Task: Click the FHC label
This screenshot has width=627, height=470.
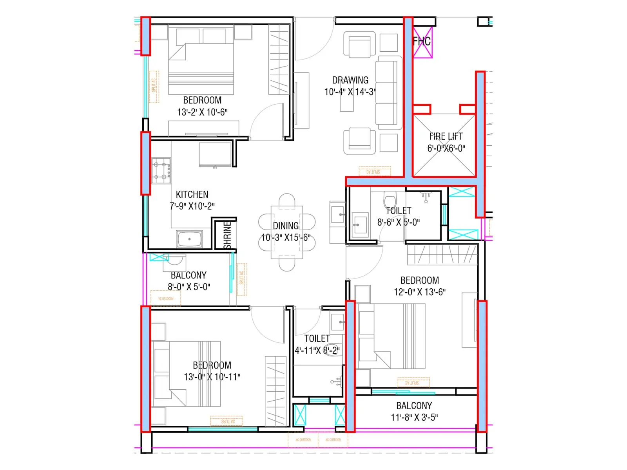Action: (422, 41)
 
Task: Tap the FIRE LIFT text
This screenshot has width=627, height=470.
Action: (446, 136)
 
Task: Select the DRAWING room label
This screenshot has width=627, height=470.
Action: (350, 80)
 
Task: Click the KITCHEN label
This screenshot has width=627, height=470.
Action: (192, 194)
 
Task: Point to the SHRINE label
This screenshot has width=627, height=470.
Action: (228, 235)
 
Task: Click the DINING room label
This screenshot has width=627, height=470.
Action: (286, 226)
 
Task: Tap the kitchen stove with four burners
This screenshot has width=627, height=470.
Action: (161, 171)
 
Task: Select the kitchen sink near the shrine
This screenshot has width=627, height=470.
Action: (190, 239)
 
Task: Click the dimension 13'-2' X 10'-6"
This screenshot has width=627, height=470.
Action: (202, 112)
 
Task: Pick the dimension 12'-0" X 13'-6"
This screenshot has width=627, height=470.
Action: (419, 292)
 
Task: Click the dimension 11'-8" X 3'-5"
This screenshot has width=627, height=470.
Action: (414, 417)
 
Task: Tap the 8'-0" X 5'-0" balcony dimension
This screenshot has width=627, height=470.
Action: (189, 287)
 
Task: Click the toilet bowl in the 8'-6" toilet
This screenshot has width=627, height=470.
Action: (390, 199)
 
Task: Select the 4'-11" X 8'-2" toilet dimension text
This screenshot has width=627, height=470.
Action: (317, 350)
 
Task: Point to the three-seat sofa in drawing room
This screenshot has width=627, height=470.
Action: (389, 92)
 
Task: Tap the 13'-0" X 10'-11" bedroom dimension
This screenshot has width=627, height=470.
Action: (212, 377)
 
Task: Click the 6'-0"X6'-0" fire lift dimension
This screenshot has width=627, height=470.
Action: (446, 148)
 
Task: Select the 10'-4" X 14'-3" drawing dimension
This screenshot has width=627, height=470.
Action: (350, 92)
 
